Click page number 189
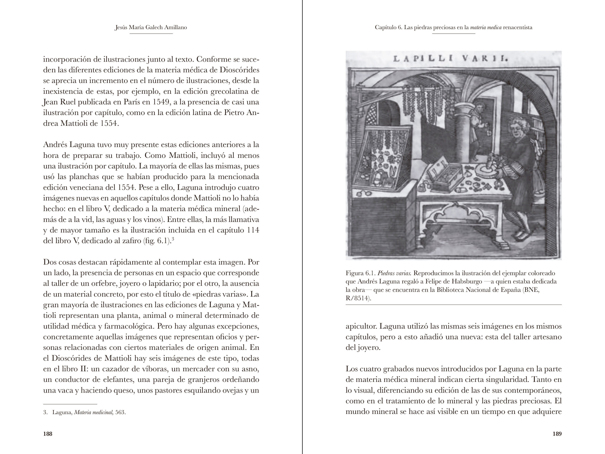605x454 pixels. click(557, 434)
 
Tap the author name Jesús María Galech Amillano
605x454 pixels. click(151, 27)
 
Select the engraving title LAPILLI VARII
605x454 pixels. click(450, 59)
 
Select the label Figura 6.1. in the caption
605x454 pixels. click(360, 273)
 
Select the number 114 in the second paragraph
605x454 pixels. click(253, 230)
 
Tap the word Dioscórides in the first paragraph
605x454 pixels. click(239, 70)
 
